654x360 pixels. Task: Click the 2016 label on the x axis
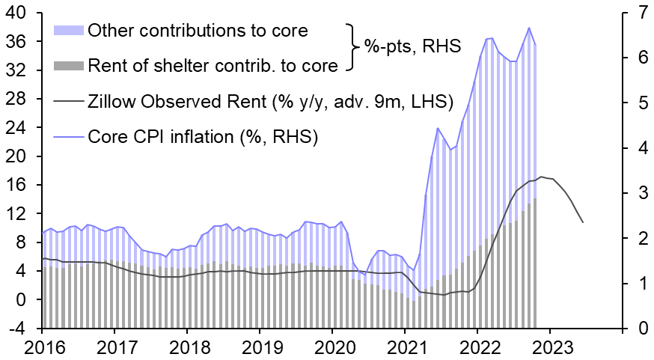point(42,349)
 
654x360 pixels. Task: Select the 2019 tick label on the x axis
point(260,349)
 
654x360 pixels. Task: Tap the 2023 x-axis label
point(550,349)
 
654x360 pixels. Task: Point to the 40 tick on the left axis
point(16,13)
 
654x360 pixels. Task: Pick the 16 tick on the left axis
point(16,186)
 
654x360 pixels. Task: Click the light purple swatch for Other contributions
point(69,31)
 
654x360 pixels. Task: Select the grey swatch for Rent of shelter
point(69,66)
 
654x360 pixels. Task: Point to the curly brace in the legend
point(351,47)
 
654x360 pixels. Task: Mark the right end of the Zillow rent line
point(582,222)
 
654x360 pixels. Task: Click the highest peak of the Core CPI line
point(529,28)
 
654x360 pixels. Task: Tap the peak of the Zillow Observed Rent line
point(542,177)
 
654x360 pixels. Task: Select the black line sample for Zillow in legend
point(69,101)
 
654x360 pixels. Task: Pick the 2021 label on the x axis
point(405,349)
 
